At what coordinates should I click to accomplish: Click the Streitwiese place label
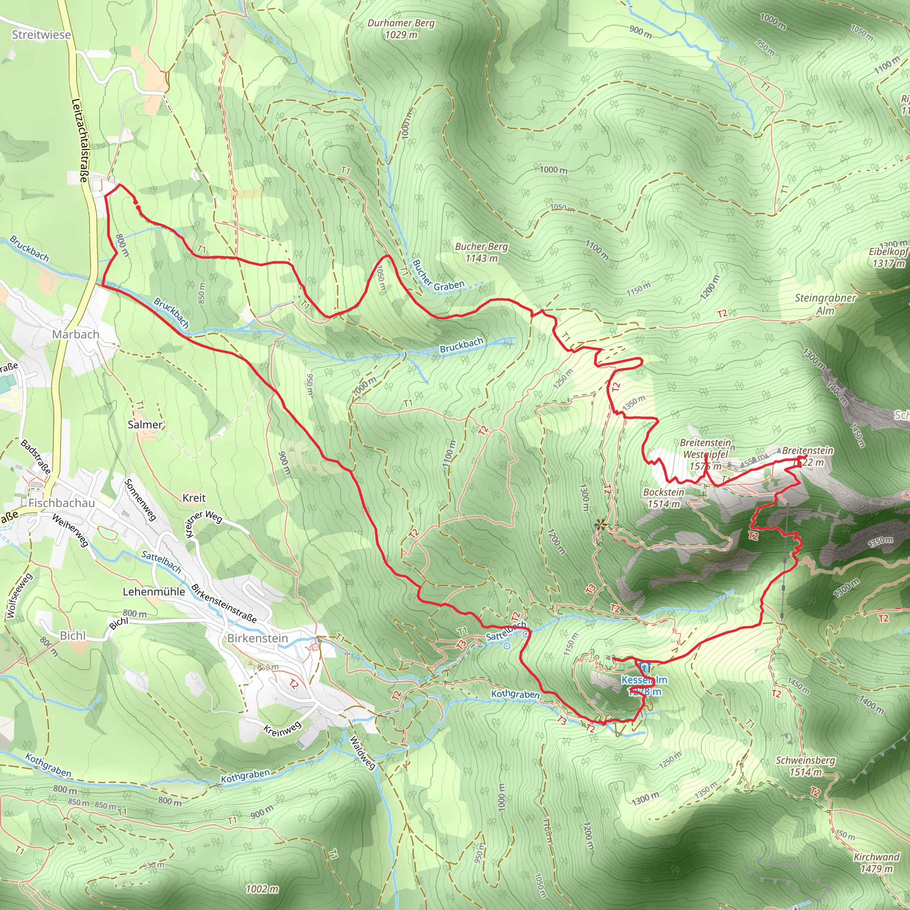click(x=41, y=35)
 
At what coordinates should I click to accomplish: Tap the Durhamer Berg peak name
click(x=401, y=23)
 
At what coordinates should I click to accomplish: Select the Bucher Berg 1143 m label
click(x=481, y=252)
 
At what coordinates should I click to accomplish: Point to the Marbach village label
click(x=76, y=335)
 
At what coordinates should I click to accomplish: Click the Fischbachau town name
click(x=61, y=503)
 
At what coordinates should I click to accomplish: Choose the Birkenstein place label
click(x=257, y=638)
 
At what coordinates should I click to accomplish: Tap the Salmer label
click(x=144, y=424)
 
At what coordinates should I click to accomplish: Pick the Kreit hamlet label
click(x=194, y=498)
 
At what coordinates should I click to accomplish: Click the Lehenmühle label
click(x=154, y=591)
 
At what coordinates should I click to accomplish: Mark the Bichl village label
click(x=72, y=635)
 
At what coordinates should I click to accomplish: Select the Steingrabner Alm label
click(x=825, y=304)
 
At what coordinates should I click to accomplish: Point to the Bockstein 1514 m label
click(x=664, y=498)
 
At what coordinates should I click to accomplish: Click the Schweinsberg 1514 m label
click(x=806, y=766)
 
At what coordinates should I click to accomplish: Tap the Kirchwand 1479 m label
click(x=877, y=862)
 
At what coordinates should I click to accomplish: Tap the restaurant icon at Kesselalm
click(x=645, y=667)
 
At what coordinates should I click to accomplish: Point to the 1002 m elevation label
click(x=262, y=889)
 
